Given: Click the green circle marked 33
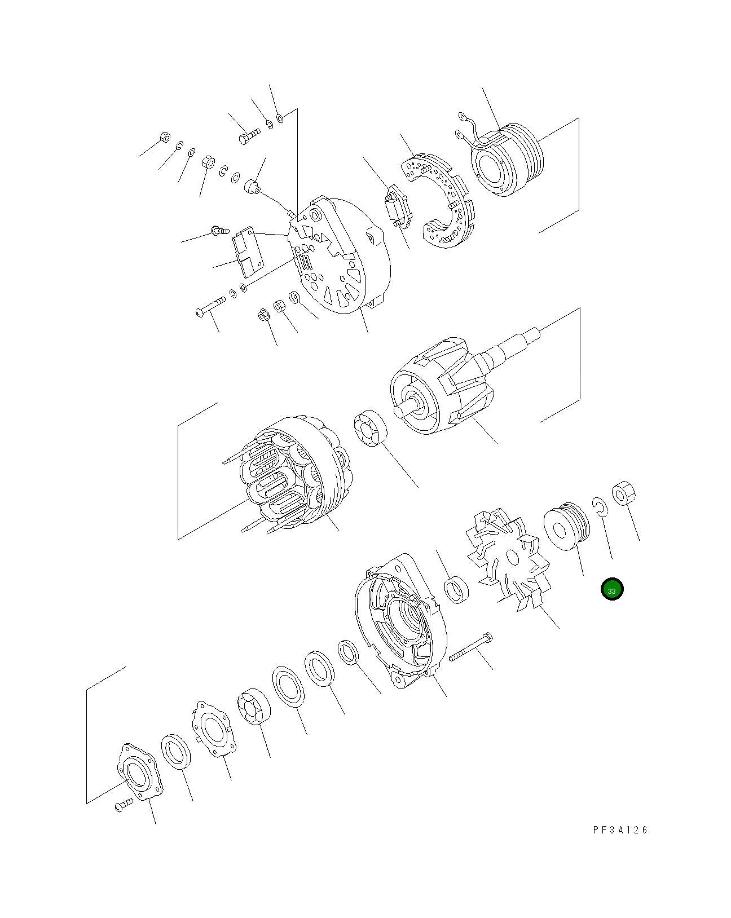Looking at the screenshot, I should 612,590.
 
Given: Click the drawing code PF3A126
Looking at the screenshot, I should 620,830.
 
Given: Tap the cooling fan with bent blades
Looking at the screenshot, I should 508,558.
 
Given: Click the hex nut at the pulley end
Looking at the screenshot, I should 623,494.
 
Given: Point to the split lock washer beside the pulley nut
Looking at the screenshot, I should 600,506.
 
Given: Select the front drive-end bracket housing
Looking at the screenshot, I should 400,620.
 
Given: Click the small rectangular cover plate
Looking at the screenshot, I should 248,254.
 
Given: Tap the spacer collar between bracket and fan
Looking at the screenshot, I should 456,589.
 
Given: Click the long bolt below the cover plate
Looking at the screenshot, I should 210,307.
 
